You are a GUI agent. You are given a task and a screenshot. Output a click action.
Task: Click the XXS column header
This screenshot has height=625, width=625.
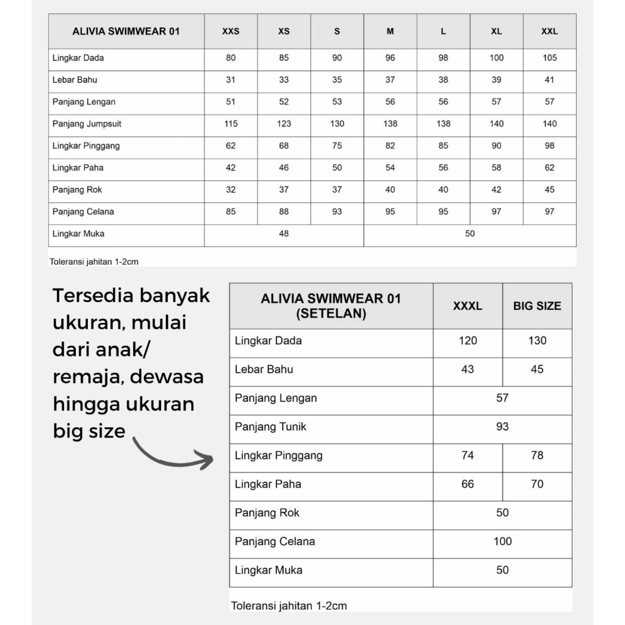231,31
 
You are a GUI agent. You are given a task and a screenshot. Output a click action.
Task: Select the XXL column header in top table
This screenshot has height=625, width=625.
549,31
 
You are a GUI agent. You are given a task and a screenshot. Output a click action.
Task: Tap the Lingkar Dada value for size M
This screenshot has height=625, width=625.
390,58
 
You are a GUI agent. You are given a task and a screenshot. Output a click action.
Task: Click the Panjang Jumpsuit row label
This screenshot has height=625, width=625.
87,124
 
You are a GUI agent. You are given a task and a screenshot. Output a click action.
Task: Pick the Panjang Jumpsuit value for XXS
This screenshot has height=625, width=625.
231,124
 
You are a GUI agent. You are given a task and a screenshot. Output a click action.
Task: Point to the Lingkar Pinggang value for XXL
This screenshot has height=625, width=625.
549,146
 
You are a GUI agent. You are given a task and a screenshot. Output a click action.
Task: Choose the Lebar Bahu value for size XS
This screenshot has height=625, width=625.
284,80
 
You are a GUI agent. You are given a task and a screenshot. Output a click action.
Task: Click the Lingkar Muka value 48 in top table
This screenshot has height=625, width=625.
284,234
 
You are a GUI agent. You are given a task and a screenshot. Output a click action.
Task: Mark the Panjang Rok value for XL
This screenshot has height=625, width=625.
496,190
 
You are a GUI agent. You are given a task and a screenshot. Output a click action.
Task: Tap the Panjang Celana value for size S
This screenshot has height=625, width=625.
337,212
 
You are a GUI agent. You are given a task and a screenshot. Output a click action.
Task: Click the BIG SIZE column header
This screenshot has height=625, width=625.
537,306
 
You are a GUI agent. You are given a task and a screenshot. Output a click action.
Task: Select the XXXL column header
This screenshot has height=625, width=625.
468,306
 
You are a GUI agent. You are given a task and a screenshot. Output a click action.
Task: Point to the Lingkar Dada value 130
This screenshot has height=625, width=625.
537,341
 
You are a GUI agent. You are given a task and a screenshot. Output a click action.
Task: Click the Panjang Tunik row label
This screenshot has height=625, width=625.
270,427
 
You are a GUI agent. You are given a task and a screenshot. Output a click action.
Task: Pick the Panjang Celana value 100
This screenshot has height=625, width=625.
502,541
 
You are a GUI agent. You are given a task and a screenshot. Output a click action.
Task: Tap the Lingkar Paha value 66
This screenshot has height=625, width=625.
468,484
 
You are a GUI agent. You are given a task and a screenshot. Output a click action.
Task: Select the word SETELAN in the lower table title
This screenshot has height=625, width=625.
331,314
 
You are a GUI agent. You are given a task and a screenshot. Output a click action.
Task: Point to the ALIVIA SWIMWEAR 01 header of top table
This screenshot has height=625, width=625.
126,31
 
